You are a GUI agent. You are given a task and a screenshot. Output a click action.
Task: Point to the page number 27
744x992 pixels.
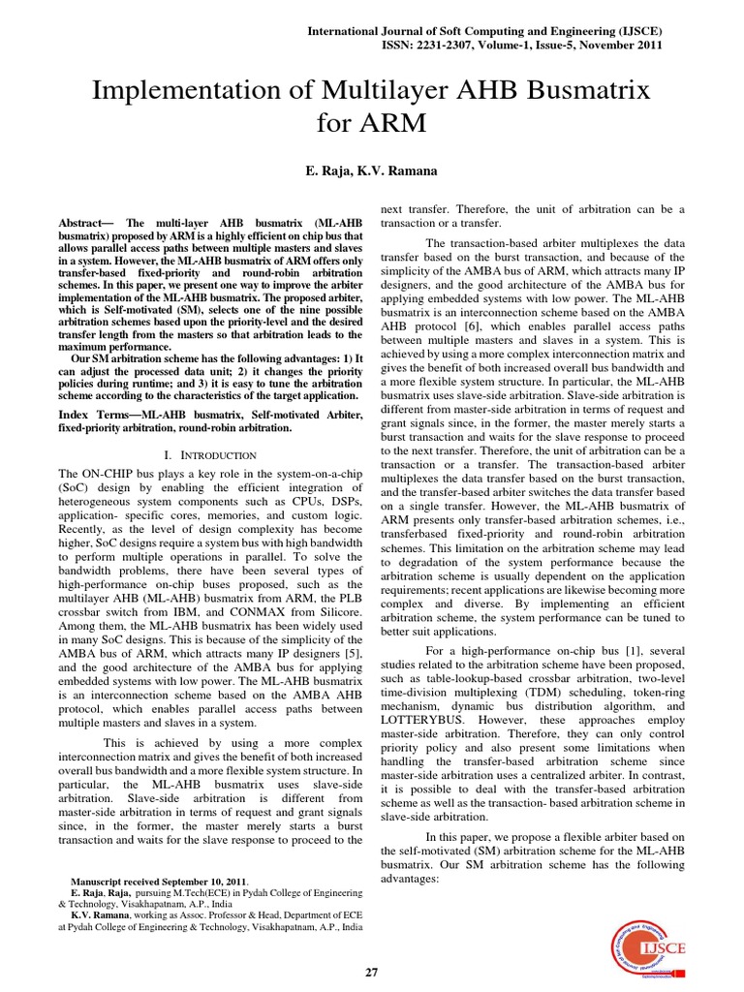[372, 972]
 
